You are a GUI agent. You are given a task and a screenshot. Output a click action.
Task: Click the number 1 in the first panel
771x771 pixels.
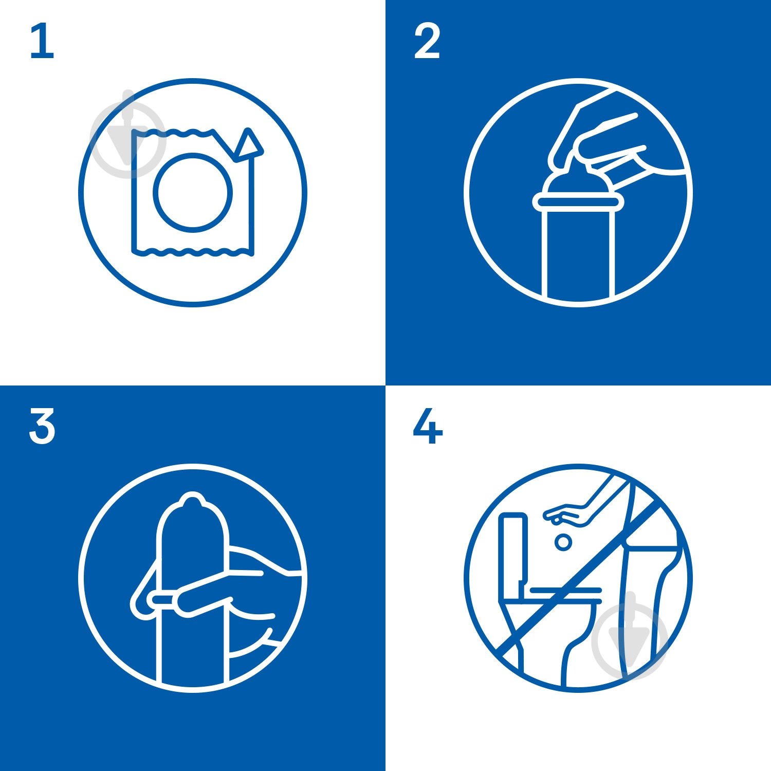pyautogui.click(x=42, y=42)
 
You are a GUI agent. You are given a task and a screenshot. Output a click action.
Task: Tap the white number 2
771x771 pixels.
pyautogui.click(x=427, y=42)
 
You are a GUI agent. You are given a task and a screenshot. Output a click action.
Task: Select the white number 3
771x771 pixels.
pyautogui.click(x=42, y=426)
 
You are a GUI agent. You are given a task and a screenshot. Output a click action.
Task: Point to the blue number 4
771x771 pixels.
pyautogui.click(x=428, y=426)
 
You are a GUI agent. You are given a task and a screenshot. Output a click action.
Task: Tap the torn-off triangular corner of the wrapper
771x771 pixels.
pyautogui.click(x=249, y=144)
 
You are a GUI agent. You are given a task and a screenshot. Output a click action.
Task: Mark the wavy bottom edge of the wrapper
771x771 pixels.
pyautogui.click(x=193, y=252)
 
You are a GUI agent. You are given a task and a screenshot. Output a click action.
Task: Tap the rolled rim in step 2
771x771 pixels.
pyautogui.click(x=578, y=203)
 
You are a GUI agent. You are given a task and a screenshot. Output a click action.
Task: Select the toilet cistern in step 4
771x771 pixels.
pyautogui.click(x=513, y=555)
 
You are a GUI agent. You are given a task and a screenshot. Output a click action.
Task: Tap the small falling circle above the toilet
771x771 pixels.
pyautogui.click(x=564, y=542)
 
